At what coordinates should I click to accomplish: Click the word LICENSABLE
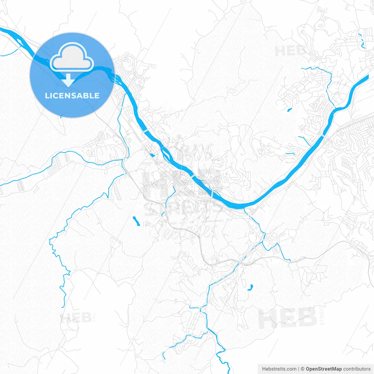[72, 96]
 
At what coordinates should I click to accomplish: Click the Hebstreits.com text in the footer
[279, 369]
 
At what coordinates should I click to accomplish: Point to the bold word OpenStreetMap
[323, 369]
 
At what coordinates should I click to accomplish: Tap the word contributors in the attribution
[356, 369]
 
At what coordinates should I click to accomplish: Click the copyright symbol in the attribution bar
[302, 369]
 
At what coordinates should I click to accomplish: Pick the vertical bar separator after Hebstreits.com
[298, 369]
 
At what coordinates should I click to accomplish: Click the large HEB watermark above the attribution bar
[288, 318]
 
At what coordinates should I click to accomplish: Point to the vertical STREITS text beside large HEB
[322, 316]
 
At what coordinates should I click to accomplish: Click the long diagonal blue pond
[136, 221]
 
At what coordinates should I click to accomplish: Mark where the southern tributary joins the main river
[245, 208]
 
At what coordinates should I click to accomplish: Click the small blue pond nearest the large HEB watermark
[250, 288]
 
